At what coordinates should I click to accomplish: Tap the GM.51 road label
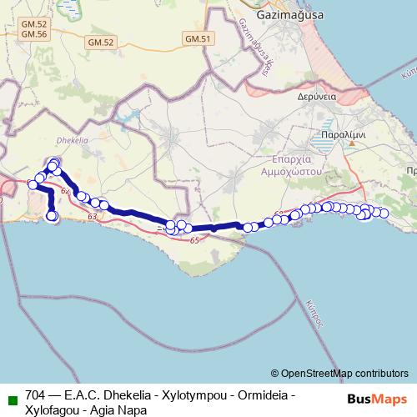coord(198,38)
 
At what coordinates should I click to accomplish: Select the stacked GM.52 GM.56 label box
coord(36,30)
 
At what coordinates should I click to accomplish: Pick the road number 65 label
coord(194,241)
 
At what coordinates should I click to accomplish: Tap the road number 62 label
coord(65,191)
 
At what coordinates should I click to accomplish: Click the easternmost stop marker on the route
coord(384,214)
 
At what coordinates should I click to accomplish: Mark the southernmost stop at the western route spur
coord(52,217)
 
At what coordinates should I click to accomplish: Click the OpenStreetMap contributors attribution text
coord(344,373)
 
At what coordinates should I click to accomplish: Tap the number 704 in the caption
coord(36,394)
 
